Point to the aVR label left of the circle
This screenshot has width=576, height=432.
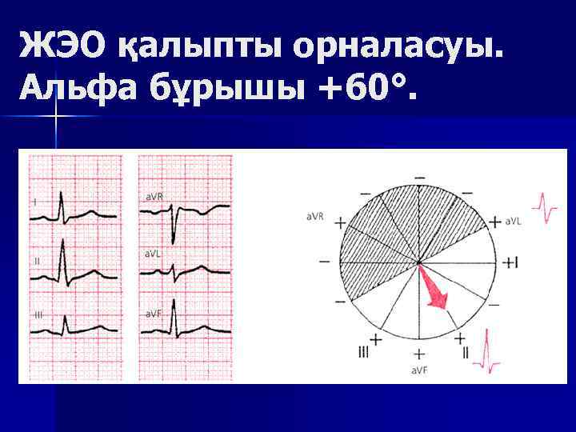314,217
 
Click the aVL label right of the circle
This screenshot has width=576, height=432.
514,221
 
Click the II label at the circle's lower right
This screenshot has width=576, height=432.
465,353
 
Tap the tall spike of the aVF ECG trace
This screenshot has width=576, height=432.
173,302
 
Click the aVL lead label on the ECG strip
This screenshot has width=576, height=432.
152,252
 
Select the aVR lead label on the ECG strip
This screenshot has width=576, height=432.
154,195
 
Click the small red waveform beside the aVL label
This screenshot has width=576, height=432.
546,209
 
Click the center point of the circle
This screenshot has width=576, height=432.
418,262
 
